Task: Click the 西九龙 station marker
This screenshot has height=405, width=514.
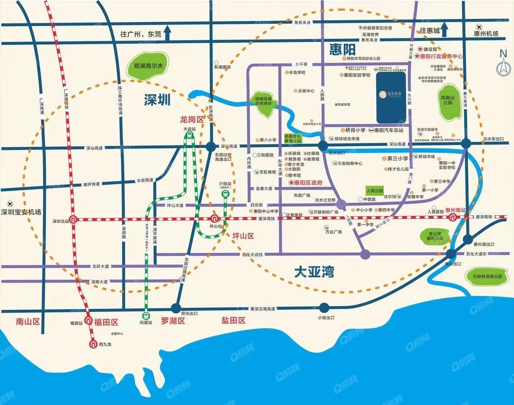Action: pyautogui.click(x=93, y=344)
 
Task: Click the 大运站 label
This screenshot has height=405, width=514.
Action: pyautogui.click(x=190, y=129)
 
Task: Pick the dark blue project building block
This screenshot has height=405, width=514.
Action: pyautogui.click(x=391, y=97)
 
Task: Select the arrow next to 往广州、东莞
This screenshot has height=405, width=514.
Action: pyautogui.click(x=168, y=32)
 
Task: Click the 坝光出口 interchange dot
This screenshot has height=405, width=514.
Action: pyautogui.click(x=176, y=308)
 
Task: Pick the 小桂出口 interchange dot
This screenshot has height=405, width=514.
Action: pyautogui.click(x=324, y=308)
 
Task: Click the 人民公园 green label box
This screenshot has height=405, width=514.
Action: pyautogui.click(x=374, y=190)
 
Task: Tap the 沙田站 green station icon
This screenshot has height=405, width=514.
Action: pyautogui.click(x=225, y=194)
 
